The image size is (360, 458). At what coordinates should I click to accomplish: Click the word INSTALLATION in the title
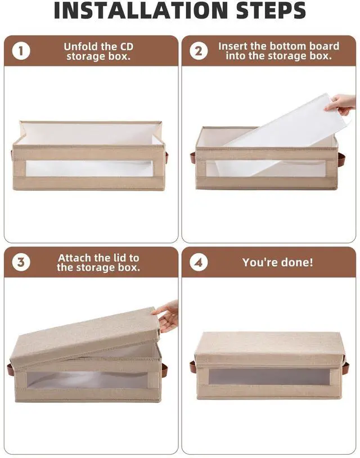click(141, 10)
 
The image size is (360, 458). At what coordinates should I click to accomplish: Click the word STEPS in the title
click(271, 10)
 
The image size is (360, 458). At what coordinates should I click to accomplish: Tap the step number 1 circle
click(21, 51)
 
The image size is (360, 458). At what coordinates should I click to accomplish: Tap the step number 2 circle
click(199, 51)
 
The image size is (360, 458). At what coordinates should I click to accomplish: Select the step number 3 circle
click(21, 262)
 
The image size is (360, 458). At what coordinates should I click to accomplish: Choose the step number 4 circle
click(199, 262)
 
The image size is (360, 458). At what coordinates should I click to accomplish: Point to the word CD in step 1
click(127, 47)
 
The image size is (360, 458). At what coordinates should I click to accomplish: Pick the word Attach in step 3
click(74, 258)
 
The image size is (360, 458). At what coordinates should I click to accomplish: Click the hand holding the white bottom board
click(341, 104)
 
